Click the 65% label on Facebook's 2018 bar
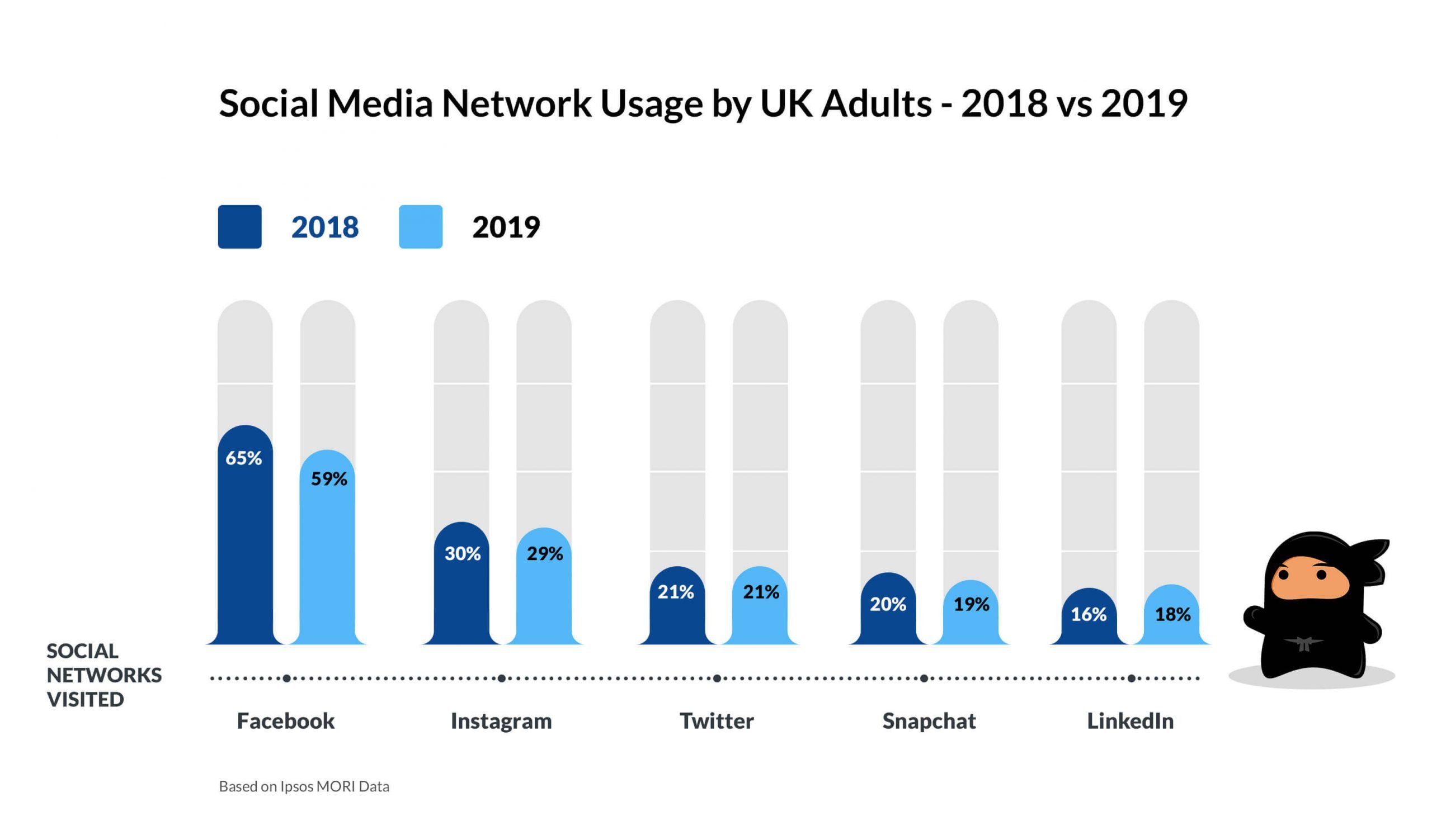243,458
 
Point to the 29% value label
544,554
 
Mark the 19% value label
971,605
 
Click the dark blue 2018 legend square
240,227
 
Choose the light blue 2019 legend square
420,227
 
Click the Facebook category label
285,721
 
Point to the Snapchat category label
929,721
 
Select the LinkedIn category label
1130,721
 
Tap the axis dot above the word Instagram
502,678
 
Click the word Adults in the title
875,104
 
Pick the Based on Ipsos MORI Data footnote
304,786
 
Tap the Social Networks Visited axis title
104,675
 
